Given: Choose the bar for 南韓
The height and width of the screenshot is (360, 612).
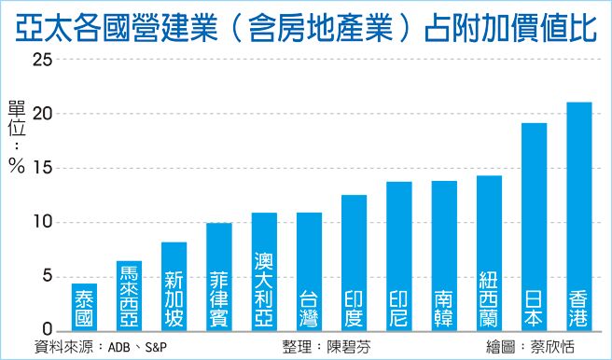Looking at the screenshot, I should (444, 256).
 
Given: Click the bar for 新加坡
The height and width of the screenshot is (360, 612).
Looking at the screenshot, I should (174, 284).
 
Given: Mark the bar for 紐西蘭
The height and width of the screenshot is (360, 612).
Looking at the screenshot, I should (489, 254).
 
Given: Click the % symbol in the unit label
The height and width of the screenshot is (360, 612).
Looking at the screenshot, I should (17, 167).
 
